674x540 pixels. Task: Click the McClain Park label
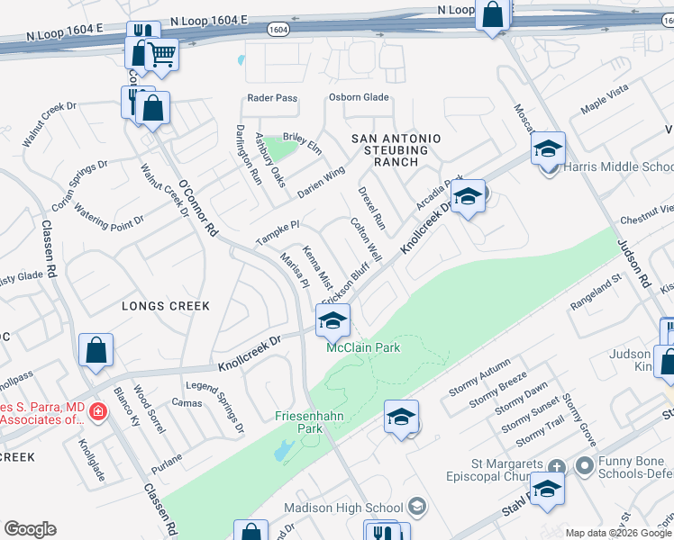pyautogui.click(x=362, y=347)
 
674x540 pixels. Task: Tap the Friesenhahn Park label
pyautogui.click(x=298, y=422)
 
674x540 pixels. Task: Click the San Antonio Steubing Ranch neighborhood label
pyautogui.click(x=396, y=149)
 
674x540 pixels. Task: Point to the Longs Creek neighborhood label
pyautogui.click(x=166, y=306)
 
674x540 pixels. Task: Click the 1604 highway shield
pyautogui.click(x=278, y=30)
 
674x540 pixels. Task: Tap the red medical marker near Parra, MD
pyautogui.click(x=97, y=413)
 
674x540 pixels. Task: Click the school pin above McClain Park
pyautogui.click(x=332, y=319)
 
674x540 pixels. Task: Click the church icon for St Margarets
pyautogui.click(x=557, y=466)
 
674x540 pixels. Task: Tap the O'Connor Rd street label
pyautogui.click(x=199, y=207)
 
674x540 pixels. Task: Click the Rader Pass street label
pyautogui.click(x=272, y=99)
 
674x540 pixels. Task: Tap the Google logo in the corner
pyautogui.click(x=30, y=529)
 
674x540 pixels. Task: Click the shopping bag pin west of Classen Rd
pyautogui.click(x=96, y=351)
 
